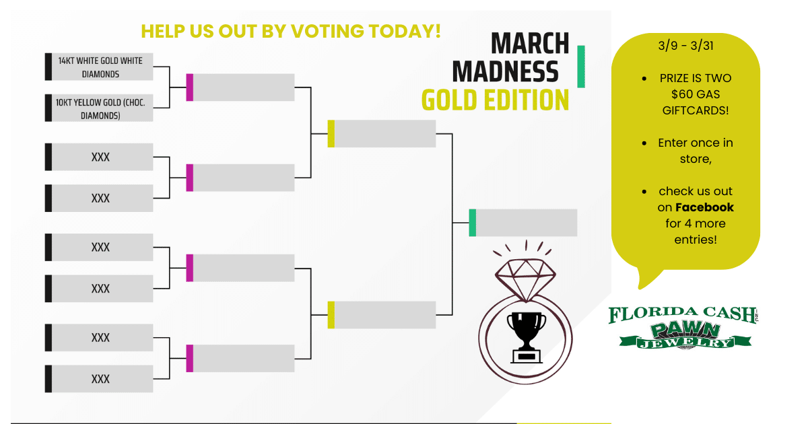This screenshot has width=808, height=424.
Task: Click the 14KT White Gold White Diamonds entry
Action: tap(99, 67)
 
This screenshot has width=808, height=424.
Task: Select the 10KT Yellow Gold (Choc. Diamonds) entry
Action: tap(99, 108)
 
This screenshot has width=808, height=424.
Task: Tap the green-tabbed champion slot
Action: tap(523, 223)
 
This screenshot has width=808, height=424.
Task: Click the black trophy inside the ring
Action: tap(527, 337)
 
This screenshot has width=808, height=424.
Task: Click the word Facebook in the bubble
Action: tap(704, 207)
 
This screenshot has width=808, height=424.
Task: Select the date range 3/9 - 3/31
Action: tap(685, 46)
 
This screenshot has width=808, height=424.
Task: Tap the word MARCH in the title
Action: tap(530, 44)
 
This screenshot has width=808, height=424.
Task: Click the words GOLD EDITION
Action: tap(496, 100)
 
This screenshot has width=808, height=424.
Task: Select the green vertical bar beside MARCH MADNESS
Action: tap(580, 67)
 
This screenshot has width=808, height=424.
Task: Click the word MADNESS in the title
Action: tap(506, 72)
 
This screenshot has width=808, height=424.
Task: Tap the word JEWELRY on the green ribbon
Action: tap(685, 343)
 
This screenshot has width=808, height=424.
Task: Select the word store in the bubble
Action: tap(696, 159)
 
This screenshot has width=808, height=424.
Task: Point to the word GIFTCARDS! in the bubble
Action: tap(696, 110)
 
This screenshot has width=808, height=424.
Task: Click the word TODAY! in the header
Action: tap(405, 31)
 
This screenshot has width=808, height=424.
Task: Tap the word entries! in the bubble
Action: tap(696, 240)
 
